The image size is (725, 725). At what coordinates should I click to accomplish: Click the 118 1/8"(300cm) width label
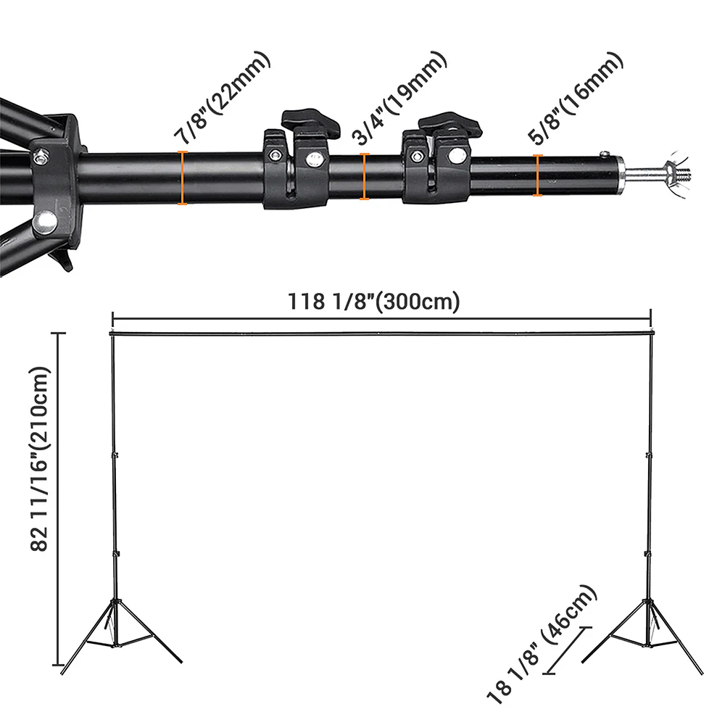point(374,301)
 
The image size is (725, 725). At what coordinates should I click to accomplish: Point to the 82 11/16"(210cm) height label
point(41,460)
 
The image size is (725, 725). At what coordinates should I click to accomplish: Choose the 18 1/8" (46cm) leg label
point(543,645)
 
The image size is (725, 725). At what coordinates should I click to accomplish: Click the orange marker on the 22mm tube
point(183,178)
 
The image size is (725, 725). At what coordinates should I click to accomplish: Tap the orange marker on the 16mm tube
point(537,175)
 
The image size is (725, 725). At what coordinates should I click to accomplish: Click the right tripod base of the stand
point(647,631)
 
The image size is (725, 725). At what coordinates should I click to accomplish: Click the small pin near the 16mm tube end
point(602,153)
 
